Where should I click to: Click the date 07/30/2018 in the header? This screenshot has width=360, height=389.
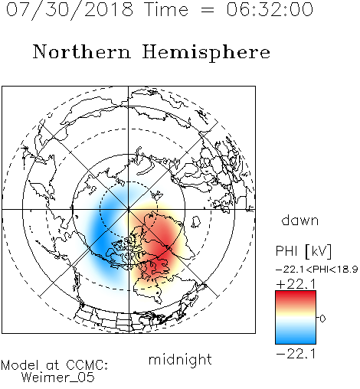[x=70, y=10]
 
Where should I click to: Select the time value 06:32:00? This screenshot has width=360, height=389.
[x=270, y=9]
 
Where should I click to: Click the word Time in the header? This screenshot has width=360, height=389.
[x=166, y=9]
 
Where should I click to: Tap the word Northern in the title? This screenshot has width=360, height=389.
[x=82, y=51]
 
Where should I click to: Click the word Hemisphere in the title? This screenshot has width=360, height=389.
[x=206, y=53]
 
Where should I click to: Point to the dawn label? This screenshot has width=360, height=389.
[x=300, y=220]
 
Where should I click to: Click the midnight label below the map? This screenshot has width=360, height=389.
[x=180, y=360]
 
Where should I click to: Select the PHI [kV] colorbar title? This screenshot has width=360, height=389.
[x=304, y=251]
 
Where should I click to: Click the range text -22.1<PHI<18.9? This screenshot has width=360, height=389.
[x=316, y=270]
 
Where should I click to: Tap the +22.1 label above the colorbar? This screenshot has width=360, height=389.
[x=296, y=284]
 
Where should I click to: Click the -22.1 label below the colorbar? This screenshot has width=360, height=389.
[x=296, y=354]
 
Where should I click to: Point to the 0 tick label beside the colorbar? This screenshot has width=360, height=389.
[x=322, y=319]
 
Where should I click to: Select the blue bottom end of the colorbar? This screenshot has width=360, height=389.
[x=296, y=340]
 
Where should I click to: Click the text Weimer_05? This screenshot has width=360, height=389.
[x=58, y=378]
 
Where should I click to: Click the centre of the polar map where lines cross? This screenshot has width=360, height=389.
[x=129, y=210]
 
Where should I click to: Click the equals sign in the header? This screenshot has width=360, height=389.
[x=208, y=10]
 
